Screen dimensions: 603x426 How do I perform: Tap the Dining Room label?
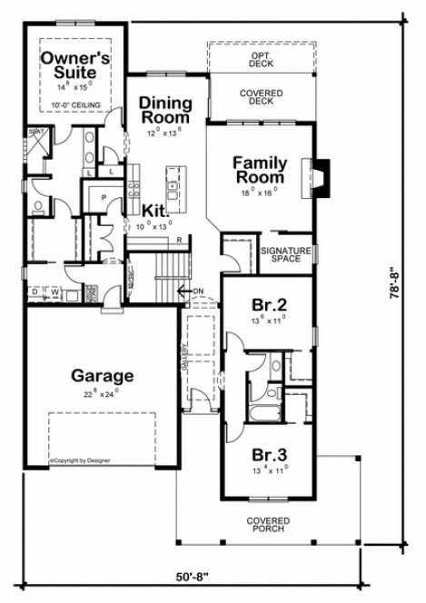tap(164, 110)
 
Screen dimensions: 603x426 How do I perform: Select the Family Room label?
tap(260, 171)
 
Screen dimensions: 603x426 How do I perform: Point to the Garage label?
tap(104, 374)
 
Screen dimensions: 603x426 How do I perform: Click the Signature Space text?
tap(286, 254)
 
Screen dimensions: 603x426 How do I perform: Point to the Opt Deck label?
tap(262, 60)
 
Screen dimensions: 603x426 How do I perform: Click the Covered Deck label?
tap(262, 97)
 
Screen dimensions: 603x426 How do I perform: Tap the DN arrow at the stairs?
tap(189, 291)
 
